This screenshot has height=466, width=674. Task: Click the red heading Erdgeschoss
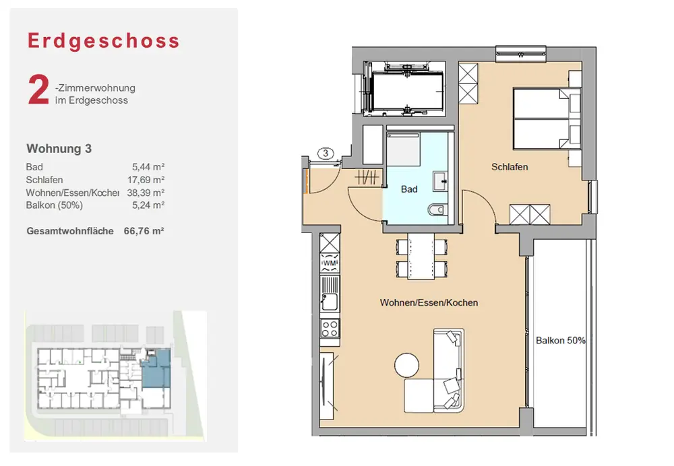pos(104,41)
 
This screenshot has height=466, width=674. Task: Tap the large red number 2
pos(38,90)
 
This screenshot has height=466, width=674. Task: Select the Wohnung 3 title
pos(59,149)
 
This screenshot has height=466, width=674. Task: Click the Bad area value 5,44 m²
pos(148,166)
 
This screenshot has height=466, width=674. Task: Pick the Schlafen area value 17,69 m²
pos(146,180)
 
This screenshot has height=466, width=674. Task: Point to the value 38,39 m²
pos(146,193)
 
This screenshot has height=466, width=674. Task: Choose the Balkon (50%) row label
pos(54,205)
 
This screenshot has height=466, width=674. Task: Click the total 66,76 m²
pos(144,231)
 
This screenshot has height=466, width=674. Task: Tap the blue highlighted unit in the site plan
pos(156,370)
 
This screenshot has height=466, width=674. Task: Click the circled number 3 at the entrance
pos(326,154)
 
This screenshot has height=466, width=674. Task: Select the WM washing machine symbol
pos(330,263)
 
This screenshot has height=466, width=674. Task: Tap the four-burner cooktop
pos(330,328)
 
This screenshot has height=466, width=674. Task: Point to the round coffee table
pos(406,365)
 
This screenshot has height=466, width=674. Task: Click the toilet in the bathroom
pos(436,210)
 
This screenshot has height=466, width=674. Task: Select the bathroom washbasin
pos(440,181)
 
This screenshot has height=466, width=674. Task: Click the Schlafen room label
pos(510,166)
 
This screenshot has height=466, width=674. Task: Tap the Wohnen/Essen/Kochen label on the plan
pos(429,303)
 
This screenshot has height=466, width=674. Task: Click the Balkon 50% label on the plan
pos(561,341)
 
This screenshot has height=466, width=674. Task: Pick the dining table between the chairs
pos(421,257)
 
